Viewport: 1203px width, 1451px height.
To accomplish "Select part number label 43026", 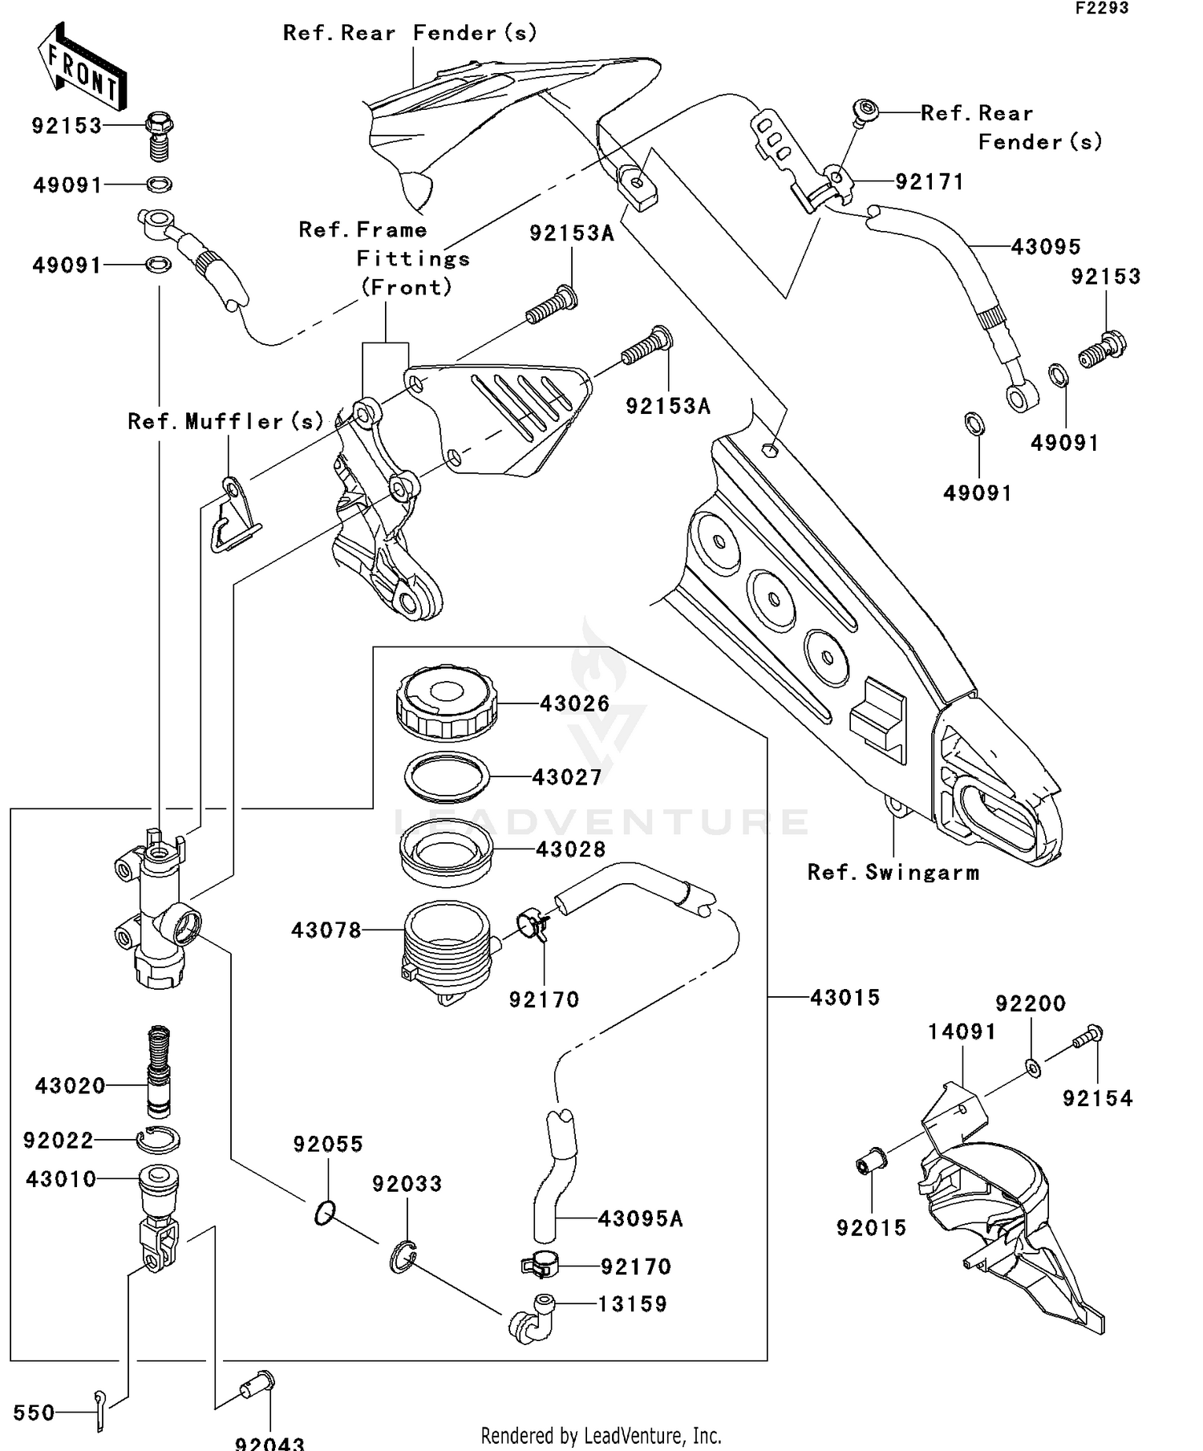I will point(574,704).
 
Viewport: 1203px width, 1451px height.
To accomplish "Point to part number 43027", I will point(567,777).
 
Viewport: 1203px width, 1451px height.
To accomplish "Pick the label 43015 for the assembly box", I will point(845,998).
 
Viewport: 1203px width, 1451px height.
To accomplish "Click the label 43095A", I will point(640,1219).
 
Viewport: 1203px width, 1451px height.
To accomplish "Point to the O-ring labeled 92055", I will point(324,1214).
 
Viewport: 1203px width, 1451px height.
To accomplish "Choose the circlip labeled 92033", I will point(404,1257).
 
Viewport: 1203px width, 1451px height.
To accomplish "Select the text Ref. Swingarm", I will point(893,873).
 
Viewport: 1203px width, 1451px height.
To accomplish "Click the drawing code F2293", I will point(1101,9).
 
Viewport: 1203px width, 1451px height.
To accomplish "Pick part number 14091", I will point(962,1032).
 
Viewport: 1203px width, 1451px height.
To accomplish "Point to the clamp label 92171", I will point(929,182).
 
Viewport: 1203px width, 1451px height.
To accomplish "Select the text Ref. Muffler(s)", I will point(225,422).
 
